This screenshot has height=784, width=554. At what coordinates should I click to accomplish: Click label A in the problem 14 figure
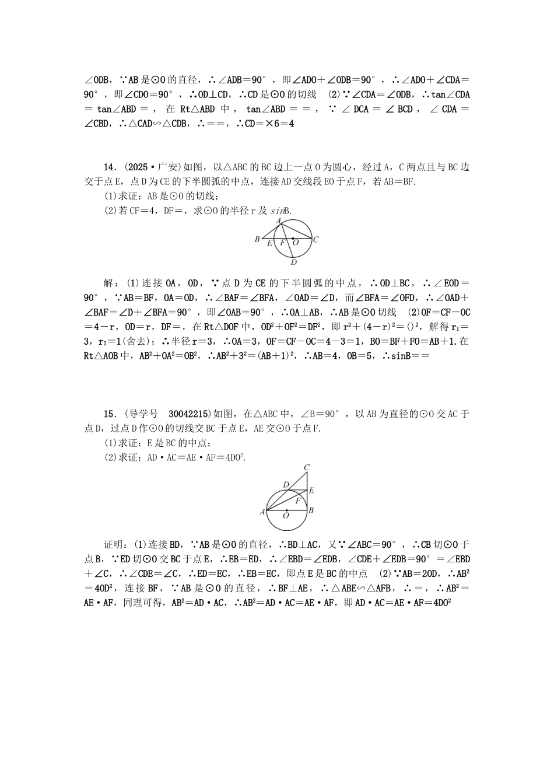click(x=279, y=220)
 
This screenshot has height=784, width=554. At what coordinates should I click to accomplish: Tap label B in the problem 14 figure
click(x=257, y=239)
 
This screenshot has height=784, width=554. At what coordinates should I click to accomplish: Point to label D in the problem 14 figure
click(x=294, y=261)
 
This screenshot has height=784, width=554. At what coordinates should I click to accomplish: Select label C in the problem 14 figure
click(x=315, y=239)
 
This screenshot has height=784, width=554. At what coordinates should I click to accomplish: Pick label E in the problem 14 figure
click(x=269, y=243)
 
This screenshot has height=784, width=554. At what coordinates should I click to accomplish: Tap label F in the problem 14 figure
click(x=283, y=243)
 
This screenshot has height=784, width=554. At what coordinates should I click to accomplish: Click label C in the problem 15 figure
click(x=307, y=467)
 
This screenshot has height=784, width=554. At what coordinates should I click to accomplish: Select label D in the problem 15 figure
click(x=286, y=485)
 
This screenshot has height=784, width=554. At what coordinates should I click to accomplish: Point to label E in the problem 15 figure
click(x=311, y=491)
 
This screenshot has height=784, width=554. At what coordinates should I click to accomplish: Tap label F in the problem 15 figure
click(x=298, y=500)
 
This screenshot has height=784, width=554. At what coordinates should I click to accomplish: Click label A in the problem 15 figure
click(x=262, y=512)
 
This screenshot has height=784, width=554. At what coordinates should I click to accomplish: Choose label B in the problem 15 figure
click(x=311, y=510)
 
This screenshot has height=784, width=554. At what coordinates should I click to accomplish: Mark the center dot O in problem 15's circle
click(x=286, y=510)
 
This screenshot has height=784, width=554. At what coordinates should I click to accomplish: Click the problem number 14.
click(x=109, y=167)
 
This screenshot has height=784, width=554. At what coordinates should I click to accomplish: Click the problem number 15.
click(x=109, y=414)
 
